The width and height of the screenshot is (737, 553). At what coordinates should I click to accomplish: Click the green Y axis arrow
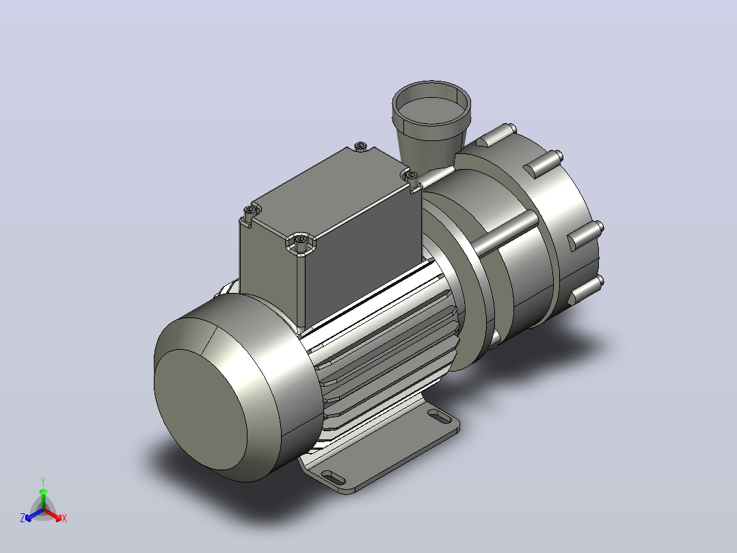[x=43, y=498]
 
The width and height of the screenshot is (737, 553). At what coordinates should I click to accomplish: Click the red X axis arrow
[x=53, y=515]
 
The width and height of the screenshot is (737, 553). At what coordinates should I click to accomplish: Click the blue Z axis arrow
[x=34, y=515]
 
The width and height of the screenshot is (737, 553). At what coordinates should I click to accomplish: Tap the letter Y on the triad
[x=43, y=482]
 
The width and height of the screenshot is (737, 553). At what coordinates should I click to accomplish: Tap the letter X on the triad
[x=64, y=518]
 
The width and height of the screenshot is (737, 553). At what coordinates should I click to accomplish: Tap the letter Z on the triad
[x=23, y=518]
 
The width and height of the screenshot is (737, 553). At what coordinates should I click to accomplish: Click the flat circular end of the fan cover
[x=200, y=409]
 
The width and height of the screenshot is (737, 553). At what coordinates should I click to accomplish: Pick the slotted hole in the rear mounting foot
[x=439, y=415]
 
